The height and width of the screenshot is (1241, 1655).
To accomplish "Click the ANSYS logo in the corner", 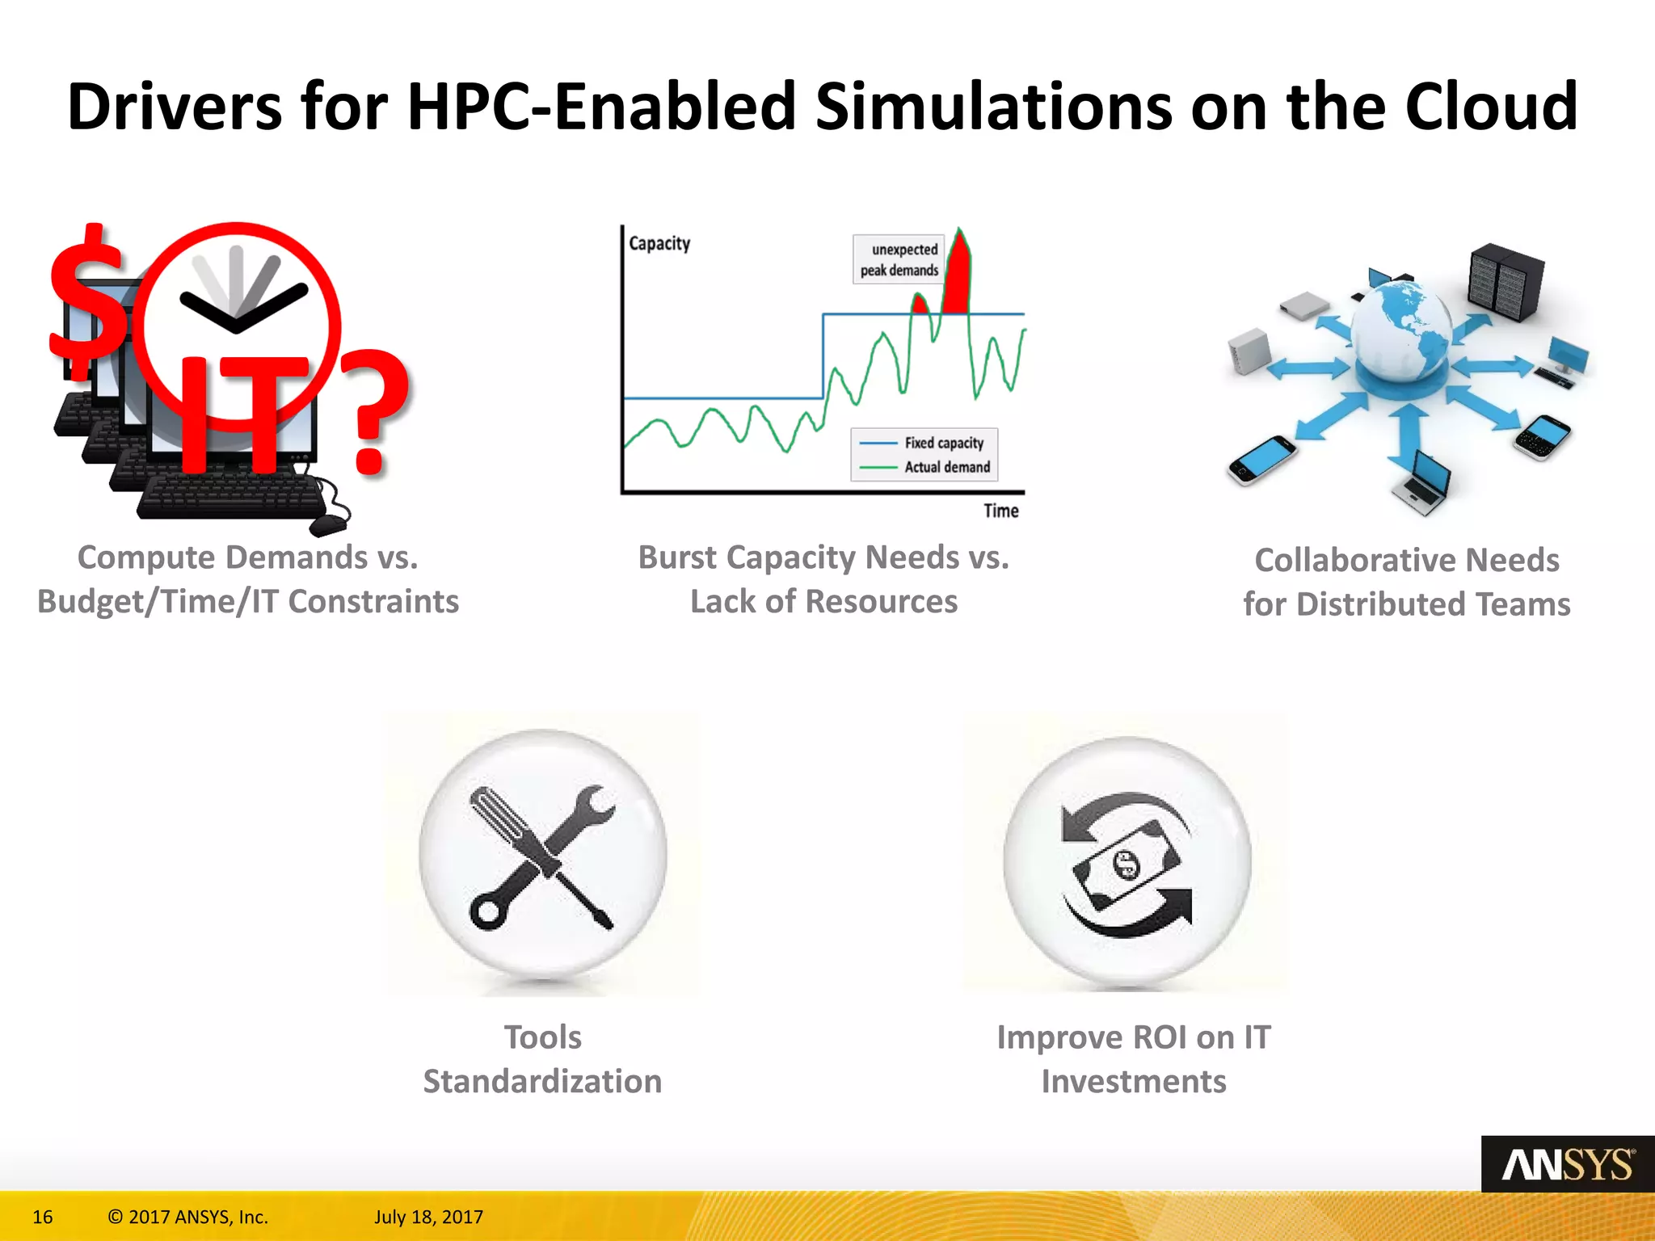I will coord(1567,1164).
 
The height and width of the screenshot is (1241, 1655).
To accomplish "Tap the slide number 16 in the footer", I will coord(43,1217).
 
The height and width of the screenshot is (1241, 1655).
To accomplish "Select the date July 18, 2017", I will coord(428,1217).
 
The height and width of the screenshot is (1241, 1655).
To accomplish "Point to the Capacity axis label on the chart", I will coord(659,243).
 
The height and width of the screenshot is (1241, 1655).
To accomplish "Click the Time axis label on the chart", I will coord(1000,511).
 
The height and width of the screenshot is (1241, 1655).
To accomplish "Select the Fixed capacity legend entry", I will coord(943,443).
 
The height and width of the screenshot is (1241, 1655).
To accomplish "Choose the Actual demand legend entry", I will coord(946,467).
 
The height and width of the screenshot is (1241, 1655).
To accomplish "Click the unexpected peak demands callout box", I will coord(899,259).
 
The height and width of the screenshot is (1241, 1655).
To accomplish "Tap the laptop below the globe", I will coord(1423,485).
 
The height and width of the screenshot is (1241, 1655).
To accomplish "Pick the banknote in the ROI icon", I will coord(1126,865).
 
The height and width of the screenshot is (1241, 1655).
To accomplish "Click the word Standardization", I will coord(542,1081).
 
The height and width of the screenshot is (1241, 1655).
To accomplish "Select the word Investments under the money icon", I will coord(1133,1081).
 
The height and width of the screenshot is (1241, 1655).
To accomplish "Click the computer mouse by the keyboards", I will coord(327,525).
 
